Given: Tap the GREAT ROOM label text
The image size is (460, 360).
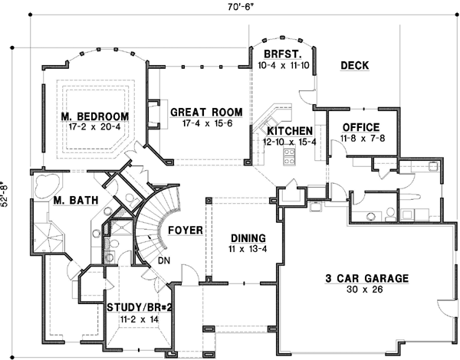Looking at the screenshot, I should point(202,111).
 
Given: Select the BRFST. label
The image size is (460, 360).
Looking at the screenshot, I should point(281,55).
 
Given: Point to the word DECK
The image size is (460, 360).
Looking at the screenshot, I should point(355,66).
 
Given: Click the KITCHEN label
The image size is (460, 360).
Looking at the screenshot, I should point(288,131).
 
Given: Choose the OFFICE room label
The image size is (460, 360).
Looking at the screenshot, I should point(360,126).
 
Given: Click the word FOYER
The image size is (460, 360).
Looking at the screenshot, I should point(185,227).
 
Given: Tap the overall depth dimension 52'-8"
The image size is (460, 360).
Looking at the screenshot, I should point(7,196).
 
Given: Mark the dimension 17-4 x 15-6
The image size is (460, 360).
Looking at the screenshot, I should point(202,123).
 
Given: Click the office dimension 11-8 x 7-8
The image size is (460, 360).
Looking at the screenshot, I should point(360,138).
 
